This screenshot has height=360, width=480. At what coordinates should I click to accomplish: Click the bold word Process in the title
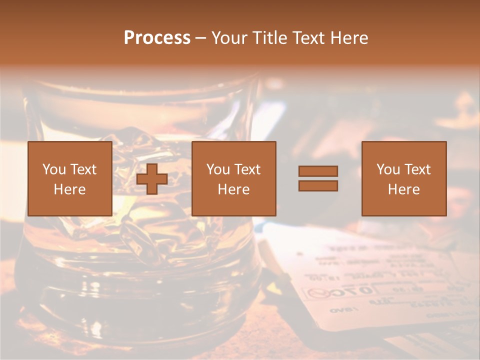(x=157, y=38)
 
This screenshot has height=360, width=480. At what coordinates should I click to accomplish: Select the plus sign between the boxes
(x=152, y=178)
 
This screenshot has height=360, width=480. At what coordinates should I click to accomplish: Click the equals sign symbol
(x=318, y=178)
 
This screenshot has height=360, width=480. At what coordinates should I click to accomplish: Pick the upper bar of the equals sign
(x=318, y=171)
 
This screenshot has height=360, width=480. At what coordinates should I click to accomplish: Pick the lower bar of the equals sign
(x=318, y=185)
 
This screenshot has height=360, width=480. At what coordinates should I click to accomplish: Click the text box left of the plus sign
(x=69, y=178)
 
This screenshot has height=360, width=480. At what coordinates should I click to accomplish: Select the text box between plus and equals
(x=233, y=178)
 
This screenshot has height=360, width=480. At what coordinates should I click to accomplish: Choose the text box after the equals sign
(x=403, y=178)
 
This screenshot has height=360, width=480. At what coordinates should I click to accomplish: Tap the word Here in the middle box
(x=233, y=189)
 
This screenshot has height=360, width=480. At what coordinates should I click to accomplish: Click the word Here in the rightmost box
(x=403, y=189)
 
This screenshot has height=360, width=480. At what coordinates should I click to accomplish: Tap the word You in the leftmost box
(x=54, y=169)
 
